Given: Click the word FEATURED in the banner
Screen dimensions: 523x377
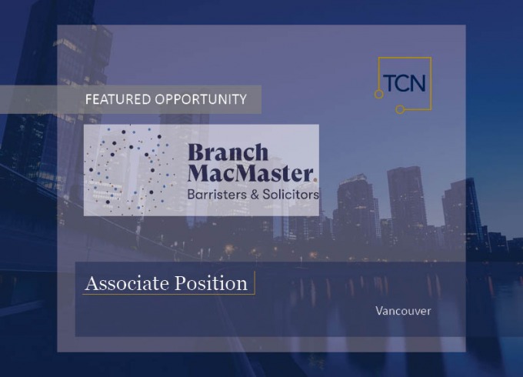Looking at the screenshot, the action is point(118,99).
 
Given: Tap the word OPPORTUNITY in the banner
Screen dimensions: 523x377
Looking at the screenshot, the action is point(201,99).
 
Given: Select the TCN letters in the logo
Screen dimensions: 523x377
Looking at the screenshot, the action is point(405,83).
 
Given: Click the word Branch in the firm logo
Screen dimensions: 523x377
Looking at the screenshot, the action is point(228,152).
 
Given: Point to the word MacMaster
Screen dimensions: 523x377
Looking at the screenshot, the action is point(250,172).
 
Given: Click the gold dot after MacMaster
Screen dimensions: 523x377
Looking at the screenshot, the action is point(315,179).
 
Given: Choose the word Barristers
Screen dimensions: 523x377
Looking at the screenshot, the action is point(217,194).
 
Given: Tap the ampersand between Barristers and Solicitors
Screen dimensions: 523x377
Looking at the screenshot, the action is point(255,195).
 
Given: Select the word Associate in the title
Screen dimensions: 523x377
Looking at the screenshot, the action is point(127,283).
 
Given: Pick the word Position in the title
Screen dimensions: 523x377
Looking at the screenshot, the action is point(212,283).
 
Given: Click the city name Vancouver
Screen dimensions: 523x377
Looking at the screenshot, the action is point(403,311).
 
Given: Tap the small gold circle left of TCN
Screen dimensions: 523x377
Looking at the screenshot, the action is point(378,95).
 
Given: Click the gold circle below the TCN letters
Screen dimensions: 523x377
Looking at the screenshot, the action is point(400,109).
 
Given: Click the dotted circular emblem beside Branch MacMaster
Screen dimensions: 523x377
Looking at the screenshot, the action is point(130,170).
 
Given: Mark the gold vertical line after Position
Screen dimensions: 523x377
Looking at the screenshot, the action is point(255,282).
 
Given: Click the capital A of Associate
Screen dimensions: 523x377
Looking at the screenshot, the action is point(93,283).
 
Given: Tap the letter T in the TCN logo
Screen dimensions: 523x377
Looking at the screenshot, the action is point(389,83).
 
